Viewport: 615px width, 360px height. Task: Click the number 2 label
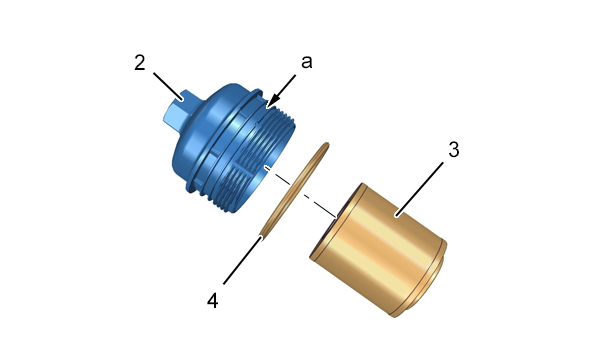tap(140, 63)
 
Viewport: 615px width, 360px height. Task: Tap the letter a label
tap(307, 62)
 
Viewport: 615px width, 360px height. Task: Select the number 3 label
tap(453, 150)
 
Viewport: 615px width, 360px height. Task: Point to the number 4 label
tap(213, 301)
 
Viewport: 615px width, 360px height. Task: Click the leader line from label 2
tap(168, 86)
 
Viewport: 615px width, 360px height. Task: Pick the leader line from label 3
tap(420, 189)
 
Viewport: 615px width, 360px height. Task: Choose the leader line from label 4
tap(242, 259)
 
